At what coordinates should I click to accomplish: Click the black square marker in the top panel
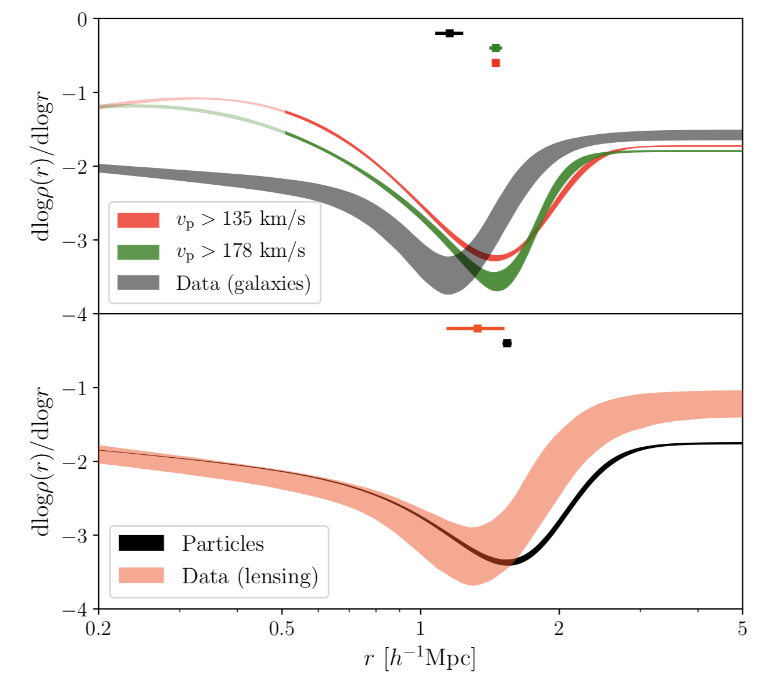tap(449, 33)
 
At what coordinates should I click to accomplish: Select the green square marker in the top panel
tap(496, 48)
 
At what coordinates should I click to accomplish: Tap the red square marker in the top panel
tap(496, 63)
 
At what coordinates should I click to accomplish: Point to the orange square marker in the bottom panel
tap(478, 328)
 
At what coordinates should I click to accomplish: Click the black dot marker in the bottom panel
tap(507, 343)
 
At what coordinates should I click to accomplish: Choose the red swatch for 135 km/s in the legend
tap(138, 220)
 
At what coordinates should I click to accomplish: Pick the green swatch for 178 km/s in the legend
tap(138, 252)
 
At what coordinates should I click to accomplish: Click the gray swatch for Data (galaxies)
tap(138, 283)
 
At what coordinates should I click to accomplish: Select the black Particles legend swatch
tap(141, 543)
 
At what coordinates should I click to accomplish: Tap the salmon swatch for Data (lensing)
tap(141, 576)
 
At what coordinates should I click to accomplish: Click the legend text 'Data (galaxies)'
tap(243, 283)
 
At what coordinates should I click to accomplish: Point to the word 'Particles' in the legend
tap(223, 543)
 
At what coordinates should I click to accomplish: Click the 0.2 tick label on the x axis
tap(99, 630)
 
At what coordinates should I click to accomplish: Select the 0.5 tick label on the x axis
tap(282, 630)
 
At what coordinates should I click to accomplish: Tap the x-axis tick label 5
tap(742, 630)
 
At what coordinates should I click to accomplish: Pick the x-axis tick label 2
tap(559, 630)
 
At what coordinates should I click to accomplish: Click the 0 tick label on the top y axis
tap(82, 20)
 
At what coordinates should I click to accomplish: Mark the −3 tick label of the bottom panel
tap(76, 535)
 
